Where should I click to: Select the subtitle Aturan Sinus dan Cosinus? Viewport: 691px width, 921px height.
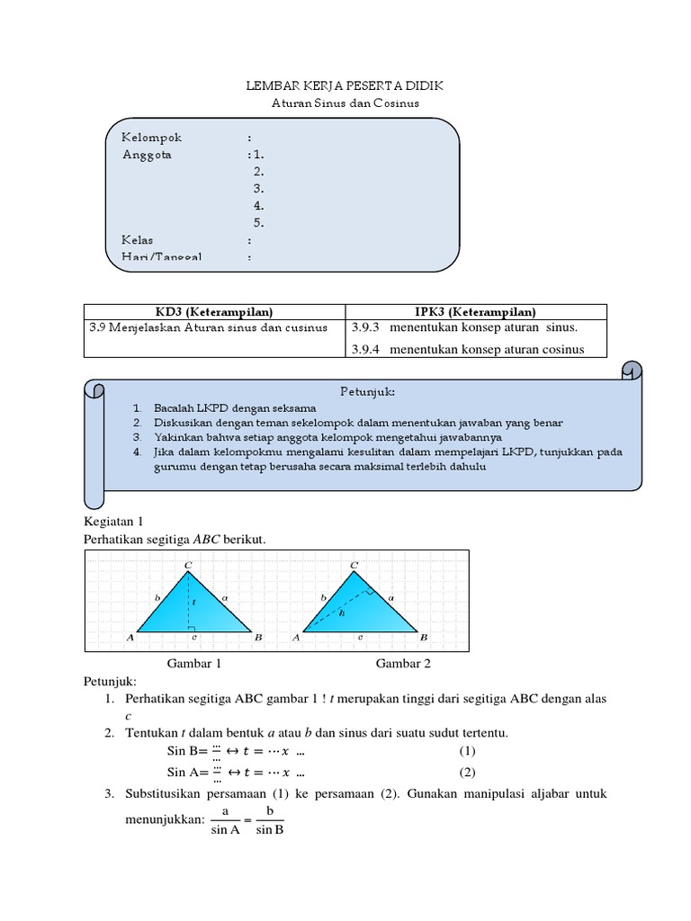click(345, 103)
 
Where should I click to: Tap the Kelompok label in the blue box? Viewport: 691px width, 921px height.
click(152, 138)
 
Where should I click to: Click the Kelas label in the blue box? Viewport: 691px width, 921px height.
click(138, 240)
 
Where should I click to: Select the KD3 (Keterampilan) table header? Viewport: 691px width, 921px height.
click(214, 311)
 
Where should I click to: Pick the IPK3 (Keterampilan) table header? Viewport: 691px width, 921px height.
click(476, 311)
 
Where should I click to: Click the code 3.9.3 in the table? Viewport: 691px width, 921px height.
click(368, 326)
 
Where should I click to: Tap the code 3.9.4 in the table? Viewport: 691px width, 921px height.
click(368, 349)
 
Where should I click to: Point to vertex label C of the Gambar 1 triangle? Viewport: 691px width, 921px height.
click(188, 565)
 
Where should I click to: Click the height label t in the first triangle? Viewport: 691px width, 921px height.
click(193, 601)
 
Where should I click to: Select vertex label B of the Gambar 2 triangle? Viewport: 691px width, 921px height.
click(423, 637)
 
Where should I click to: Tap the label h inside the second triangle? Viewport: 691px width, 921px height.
click(341, 612)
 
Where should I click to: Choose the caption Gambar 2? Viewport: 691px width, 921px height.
click(403, 664)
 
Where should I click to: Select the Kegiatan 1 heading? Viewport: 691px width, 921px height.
click(113, 521)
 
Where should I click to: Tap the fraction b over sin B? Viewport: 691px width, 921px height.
click(269, 820)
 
